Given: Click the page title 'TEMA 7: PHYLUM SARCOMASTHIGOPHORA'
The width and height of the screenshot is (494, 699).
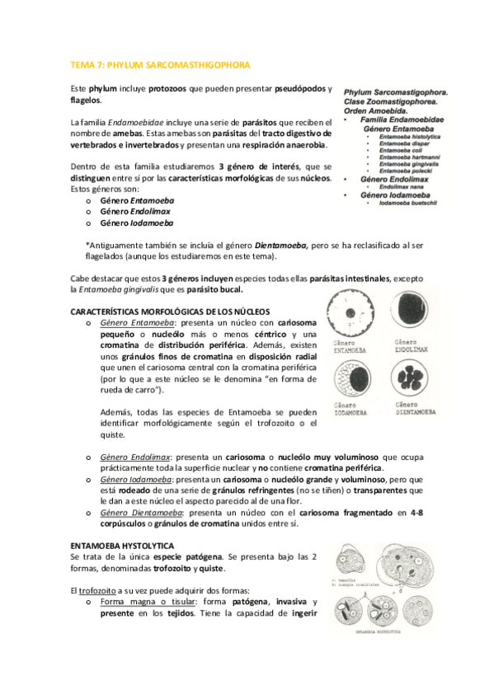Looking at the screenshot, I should coord(160,64).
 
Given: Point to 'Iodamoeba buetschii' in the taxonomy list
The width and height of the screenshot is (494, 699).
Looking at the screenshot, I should coord(411,202).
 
